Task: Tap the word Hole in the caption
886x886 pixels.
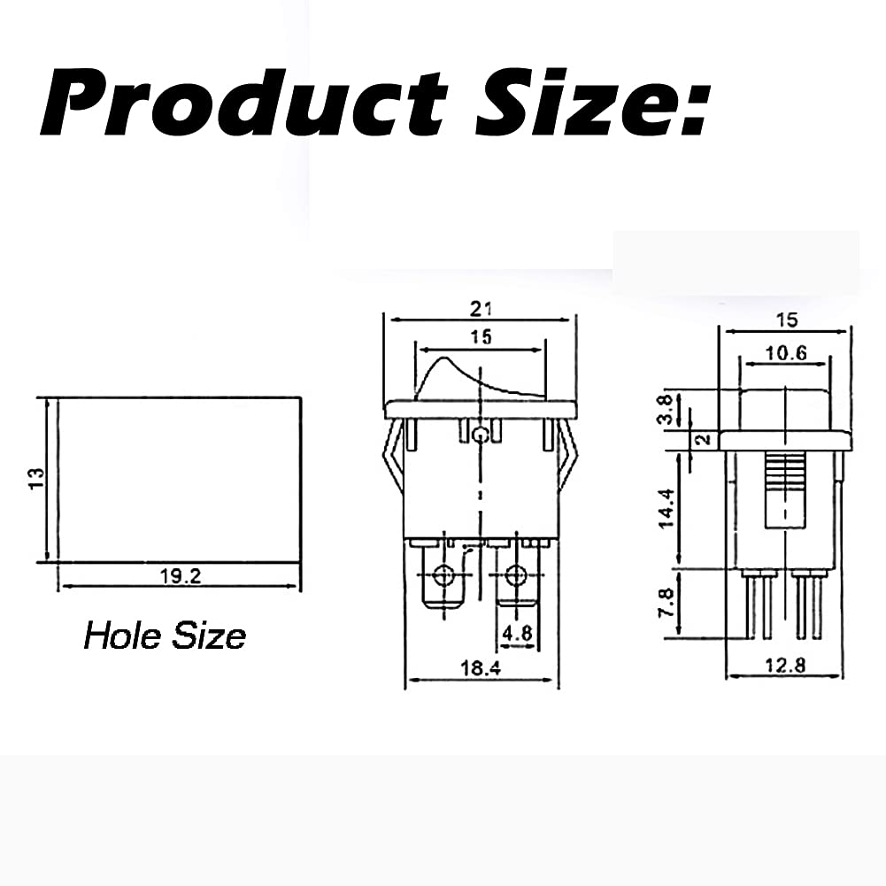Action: pyautogui.click(x=118, y=635)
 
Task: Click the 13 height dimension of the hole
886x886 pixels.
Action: pyautogui.click(x=35, y=480)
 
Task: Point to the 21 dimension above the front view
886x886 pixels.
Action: pyautogui.click(x=481, y=308)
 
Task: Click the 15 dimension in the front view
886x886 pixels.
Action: pyautogui.click(x=481, y=336)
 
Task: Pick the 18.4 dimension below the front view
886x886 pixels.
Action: pyautogui.click(x=482, y=670)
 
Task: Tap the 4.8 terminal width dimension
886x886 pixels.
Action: pyautogui.click(x=516, y=634)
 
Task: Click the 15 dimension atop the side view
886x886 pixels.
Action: pyautogui.click(x=787, y=319)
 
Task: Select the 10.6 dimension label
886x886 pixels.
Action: pyautogui.click(x=785, y=351)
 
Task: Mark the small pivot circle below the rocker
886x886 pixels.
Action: pyautogui.click(x=480, y=435)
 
